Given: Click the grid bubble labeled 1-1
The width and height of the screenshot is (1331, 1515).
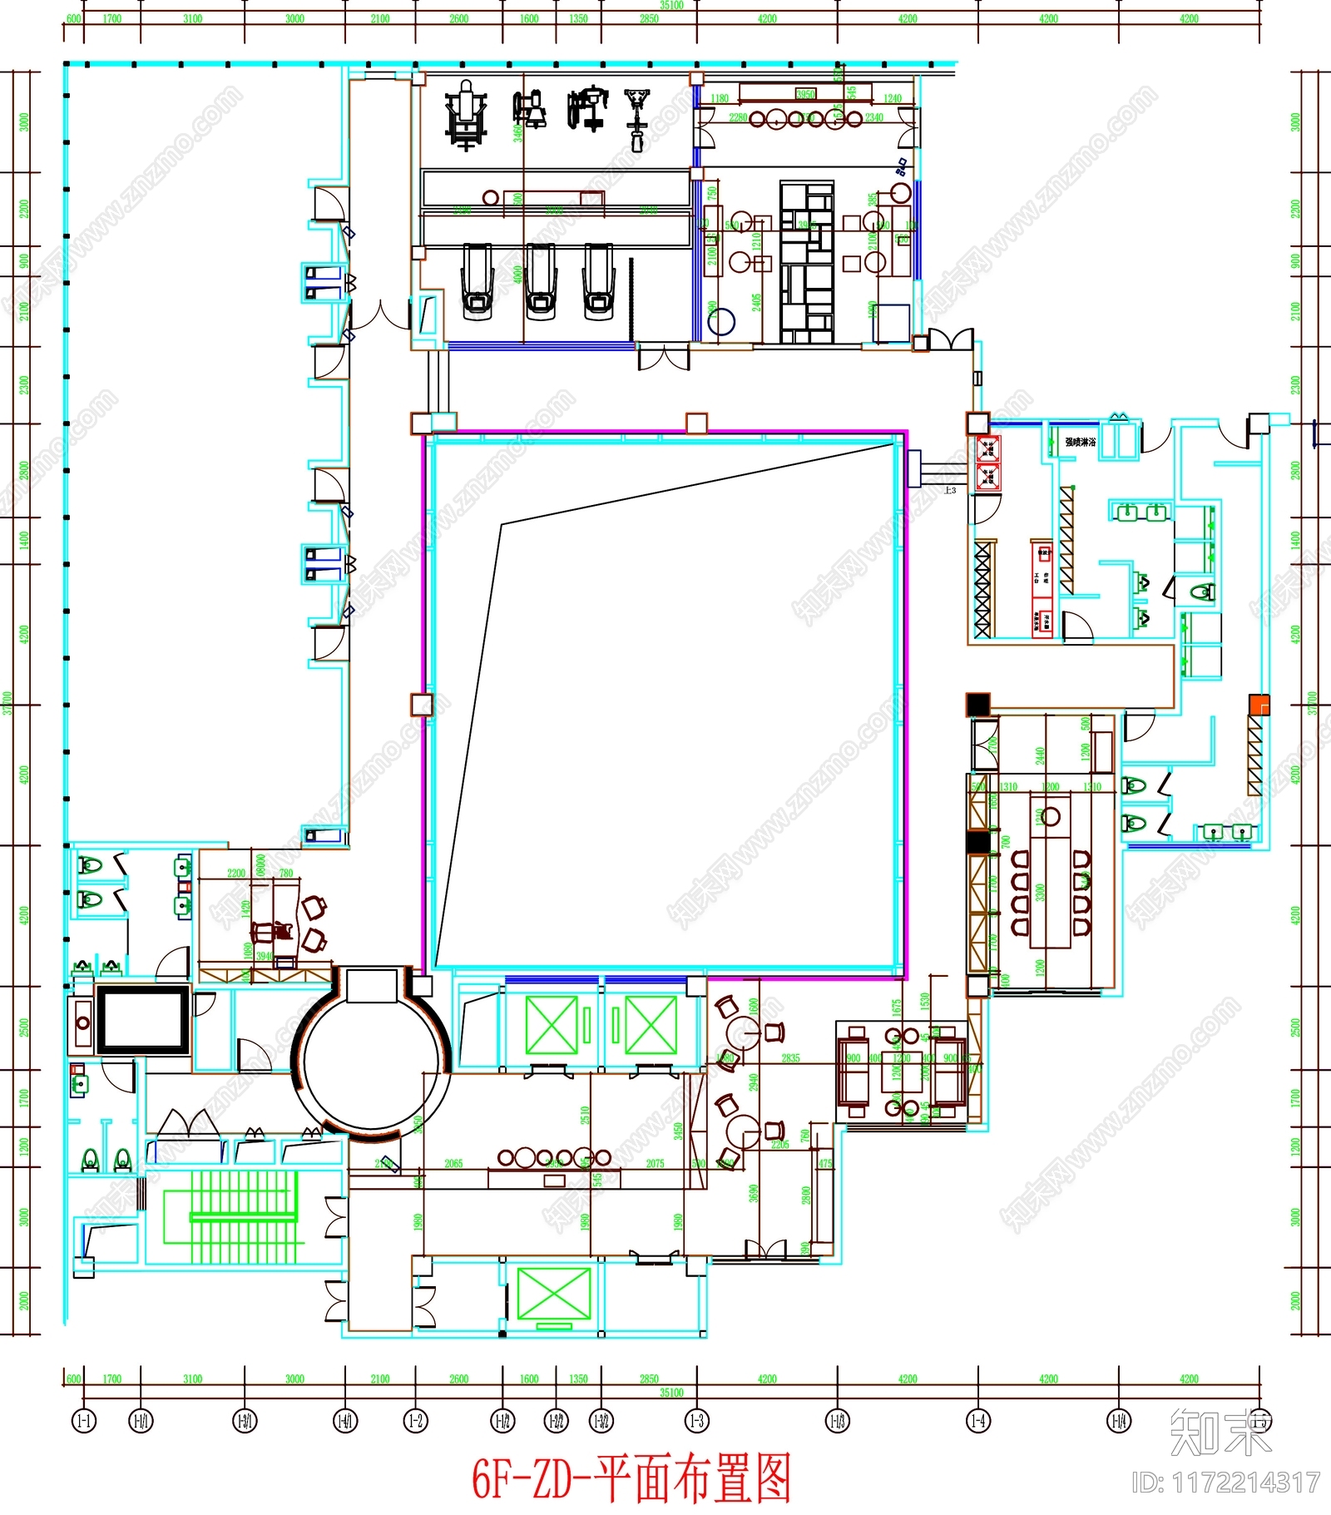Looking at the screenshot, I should tap(84, 1420).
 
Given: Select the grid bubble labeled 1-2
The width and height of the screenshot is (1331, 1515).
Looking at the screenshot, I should tap(416, 1420).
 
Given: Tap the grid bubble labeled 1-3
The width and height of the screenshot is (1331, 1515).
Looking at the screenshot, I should tap(697, 1420).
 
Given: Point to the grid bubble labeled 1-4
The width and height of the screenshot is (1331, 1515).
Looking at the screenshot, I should tap(978, 1420).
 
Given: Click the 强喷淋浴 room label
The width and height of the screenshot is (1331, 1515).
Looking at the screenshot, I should tap(1081, 442).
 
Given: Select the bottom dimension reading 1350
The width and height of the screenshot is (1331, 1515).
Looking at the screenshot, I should tap(578, 1379).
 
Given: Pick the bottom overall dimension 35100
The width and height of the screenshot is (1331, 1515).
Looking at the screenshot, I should tap(671, 1392).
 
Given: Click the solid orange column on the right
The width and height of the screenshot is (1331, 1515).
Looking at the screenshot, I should tap(1259, 705).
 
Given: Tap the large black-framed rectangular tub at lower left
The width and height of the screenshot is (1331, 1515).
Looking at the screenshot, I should tap(143, 1020).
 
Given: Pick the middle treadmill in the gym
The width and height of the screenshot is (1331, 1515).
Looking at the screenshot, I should tap(540, 281).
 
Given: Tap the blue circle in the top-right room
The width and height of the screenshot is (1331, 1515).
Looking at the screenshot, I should tap(721, 321).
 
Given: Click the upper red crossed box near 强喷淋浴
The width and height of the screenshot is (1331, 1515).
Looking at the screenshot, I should tap(987, 450).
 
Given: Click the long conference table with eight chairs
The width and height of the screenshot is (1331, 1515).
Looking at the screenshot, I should tap(1051, 892).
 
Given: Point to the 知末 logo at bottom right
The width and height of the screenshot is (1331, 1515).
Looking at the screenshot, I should tap(1220, 1433).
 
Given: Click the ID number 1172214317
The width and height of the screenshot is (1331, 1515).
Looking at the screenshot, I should tap(1226, 1482).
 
